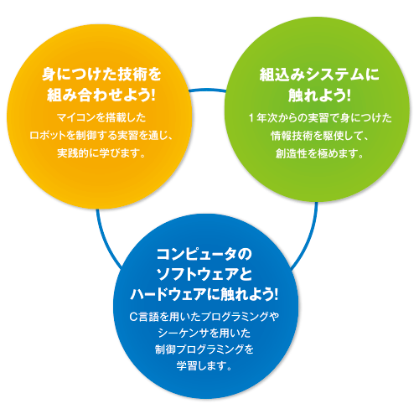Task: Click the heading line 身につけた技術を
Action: [101, 75]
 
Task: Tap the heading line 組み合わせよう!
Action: [101, 95]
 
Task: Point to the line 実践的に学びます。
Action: [101, 153]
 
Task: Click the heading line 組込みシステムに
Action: [319, 75]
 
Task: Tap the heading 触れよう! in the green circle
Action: [319, 95]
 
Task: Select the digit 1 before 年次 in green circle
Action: [251, 118]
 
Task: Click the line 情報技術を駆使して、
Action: [319, 136]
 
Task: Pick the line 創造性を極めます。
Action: [319, 153]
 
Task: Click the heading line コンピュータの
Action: [204, 254]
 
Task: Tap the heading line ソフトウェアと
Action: [204, 274]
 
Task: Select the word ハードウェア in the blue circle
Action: [168, 295]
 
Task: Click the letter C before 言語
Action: [133, 317]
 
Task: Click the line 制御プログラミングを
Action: [204, 349]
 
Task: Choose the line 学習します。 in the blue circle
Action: [204, 366]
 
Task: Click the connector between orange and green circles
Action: [207, 90]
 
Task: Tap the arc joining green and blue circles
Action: [308, 238]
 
